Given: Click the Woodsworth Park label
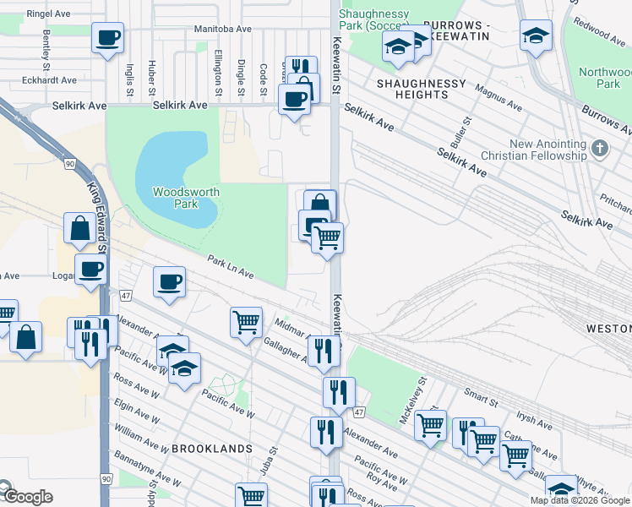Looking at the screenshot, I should tap(186, 198).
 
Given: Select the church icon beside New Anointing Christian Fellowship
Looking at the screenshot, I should tap(600, 149).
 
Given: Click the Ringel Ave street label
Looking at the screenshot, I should tap(48, 14).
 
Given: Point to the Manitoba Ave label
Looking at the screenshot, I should tap(223, 29).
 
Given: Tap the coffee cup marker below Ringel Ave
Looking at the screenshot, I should tap(108, 39).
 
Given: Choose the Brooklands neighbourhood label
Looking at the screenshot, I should tap(212, 448).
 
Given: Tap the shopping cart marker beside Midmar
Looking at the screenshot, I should tap(246, 322).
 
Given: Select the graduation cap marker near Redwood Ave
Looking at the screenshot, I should tap(536, 36).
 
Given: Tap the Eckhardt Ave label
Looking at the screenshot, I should tap(52, 81).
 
